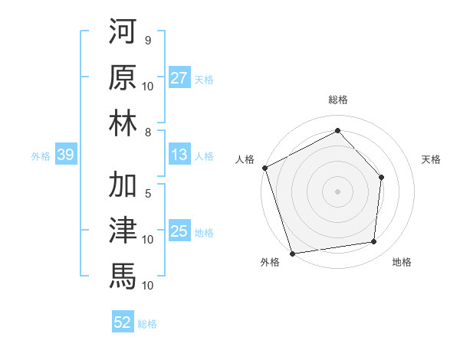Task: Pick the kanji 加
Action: coord(123,184)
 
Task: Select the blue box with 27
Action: coord(179,78)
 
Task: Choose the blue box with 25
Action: coord(179,231)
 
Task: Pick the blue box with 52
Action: coord(123,322)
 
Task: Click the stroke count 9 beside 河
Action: coord(147,39)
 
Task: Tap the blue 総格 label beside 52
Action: coord(148,323)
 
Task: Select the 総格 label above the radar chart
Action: coord(337,100)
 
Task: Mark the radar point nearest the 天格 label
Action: coord(381,177)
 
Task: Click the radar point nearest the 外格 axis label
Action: coord(293,252)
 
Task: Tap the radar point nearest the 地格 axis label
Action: coord(374,242)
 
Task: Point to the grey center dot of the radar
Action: coord(337,191)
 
